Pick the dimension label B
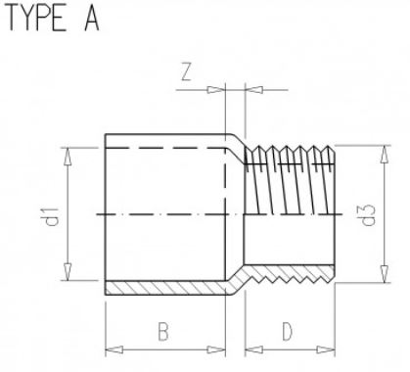pyautogui.click(x=163, y=332)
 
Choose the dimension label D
pyautogui.click(x=287, y=332)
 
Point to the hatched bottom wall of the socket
pyautogui.click(x=166, y=287)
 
